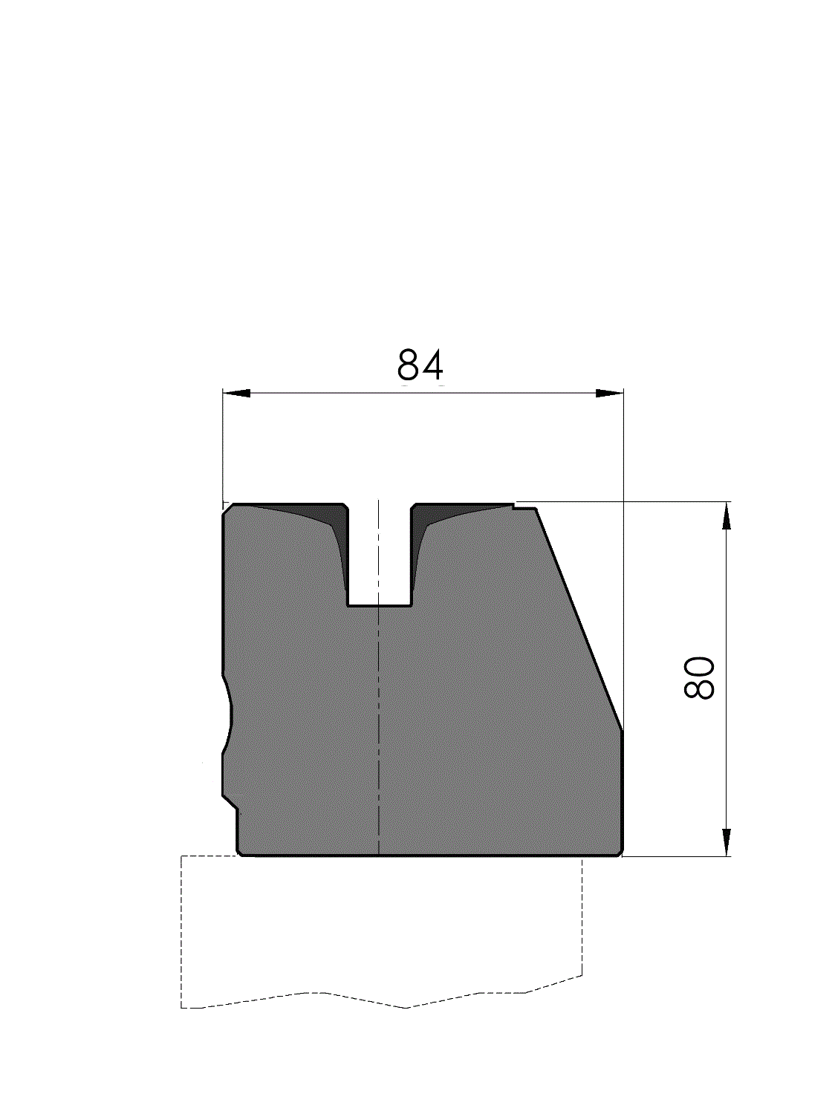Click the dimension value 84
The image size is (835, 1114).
[420, 365]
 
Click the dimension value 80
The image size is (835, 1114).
[700, 678]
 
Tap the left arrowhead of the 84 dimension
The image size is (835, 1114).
[236, 394]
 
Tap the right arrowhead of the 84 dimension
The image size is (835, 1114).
[609, 394]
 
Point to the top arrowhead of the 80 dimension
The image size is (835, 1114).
[727, 515]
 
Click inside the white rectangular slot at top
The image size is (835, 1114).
[379, 554]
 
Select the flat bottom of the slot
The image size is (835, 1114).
[379, 605]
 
